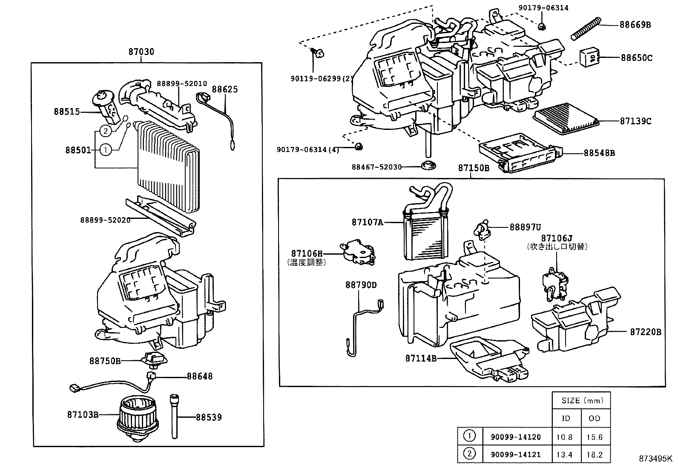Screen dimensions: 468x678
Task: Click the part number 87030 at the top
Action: [x=141, y=52]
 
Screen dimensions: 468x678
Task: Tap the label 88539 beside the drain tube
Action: [x=209, y=417]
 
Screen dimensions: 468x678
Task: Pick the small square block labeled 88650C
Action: [x=589, y=57]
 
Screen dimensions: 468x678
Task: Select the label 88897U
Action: [x=525, y=227]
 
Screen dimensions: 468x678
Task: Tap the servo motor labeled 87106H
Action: [x=357, y=254]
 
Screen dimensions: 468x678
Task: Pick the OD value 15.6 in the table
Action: [x=595, y=437]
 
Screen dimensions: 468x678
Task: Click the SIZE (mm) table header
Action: [x=581, y=400]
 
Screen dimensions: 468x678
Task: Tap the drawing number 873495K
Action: [x=655, y=459]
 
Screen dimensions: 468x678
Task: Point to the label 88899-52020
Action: [x=105, y=220]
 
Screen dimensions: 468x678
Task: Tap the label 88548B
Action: [x=599, y=153]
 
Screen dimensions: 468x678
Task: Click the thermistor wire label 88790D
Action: [x=361, y=285]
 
